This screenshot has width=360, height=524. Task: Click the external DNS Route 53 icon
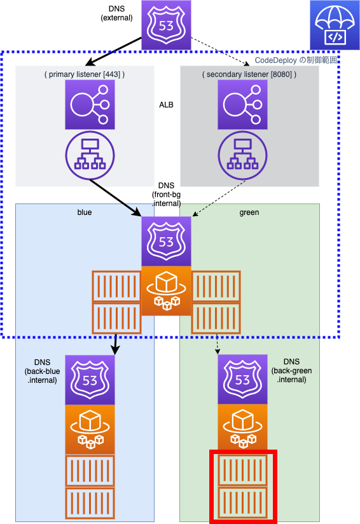click(166, 25)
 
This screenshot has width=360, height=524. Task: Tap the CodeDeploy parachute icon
click(335, 25)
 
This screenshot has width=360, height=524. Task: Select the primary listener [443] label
click(85, 74)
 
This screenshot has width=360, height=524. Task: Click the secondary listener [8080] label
click(249, 74)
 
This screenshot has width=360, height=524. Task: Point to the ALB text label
click(166, 105)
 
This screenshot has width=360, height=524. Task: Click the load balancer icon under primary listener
click(90, 104)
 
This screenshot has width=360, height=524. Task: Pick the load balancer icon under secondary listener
click(243, 104)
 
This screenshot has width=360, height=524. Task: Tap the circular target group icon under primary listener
click(90, 155)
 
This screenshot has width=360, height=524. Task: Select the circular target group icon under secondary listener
click(243, 155)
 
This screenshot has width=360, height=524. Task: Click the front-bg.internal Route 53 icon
click(166, 241)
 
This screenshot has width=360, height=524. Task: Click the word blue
click(85, 212)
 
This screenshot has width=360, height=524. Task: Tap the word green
click(249, 212)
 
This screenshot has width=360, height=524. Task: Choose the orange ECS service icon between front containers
click(166, 291)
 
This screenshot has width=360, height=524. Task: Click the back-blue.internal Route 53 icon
click(90, 380)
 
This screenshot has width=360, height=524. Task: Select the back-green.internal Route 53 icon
click(243, 379)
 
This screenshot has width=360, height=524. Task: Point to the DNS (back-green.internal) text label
click(291, 371)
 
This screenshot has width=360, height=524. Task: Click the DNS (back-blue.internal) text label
click(42, 371)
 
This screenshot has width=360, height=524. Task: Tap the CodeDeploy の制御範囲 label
click(296, 60)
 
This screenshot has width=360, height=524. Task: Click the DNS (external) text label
click(116, 13)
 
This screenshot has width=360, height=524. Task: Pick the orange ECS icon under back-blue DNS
click(90, 430)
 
